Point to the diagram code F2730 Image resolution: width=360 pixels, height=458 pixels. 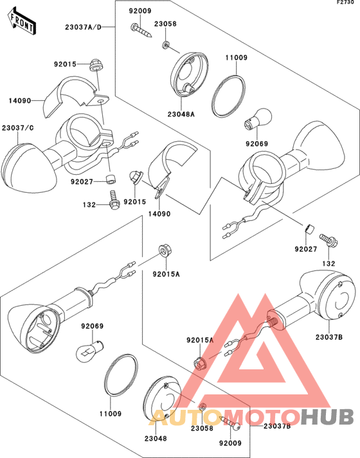(x=348, y=3)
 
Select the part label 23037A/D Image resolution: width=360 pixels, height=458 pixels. (x=84, y=27)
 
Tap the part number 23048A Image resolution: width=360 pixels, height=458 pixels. (x=181, y=114)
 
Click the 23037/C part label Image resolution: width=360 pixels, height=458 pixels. (x=18, y=128)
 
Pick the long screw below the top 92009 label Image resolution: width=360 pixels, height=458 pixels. (x=141, y=31)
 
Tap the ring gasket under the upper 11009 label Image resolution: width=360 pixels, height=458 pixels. (x=228, y=96)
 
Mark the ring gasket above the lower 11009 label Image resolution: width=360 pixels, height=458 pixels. (x=122, y=375)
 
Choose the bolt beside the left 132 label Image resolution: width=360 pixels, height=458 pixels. (x=114, y=200)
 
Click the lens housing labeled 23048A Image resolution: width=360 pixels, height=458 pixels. (x=189, y=75)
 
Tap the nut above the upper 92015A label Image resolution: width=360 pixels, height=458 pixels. (x=165, y=251)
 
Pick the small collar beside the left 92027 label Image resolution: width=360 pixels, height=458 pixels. (x=111, y=179)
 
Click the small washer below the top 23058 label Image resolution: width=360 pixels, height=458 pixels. (x=166, y=45)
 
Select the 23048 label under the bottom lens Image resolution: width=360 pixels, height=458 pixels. (x=156, y=439)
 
